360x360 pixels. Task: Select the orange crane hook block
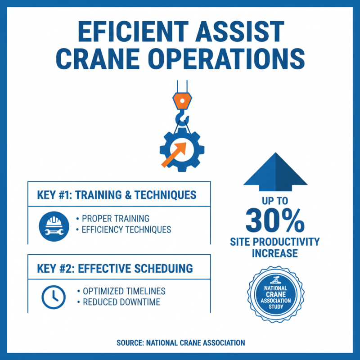pyautogui.click(x=181, y=101)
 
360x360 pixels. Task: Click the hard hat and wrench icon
pyautogui.click(x=53, y=224)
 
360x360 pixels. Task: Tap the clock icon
pyautogui.click(x=53, y=296)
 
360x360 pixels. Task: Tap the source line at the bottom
pyautogui.click(x=180, y=342)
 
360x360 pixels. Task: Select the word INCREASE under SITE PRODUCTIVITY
pyautogui.click(x=275, y=253)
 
